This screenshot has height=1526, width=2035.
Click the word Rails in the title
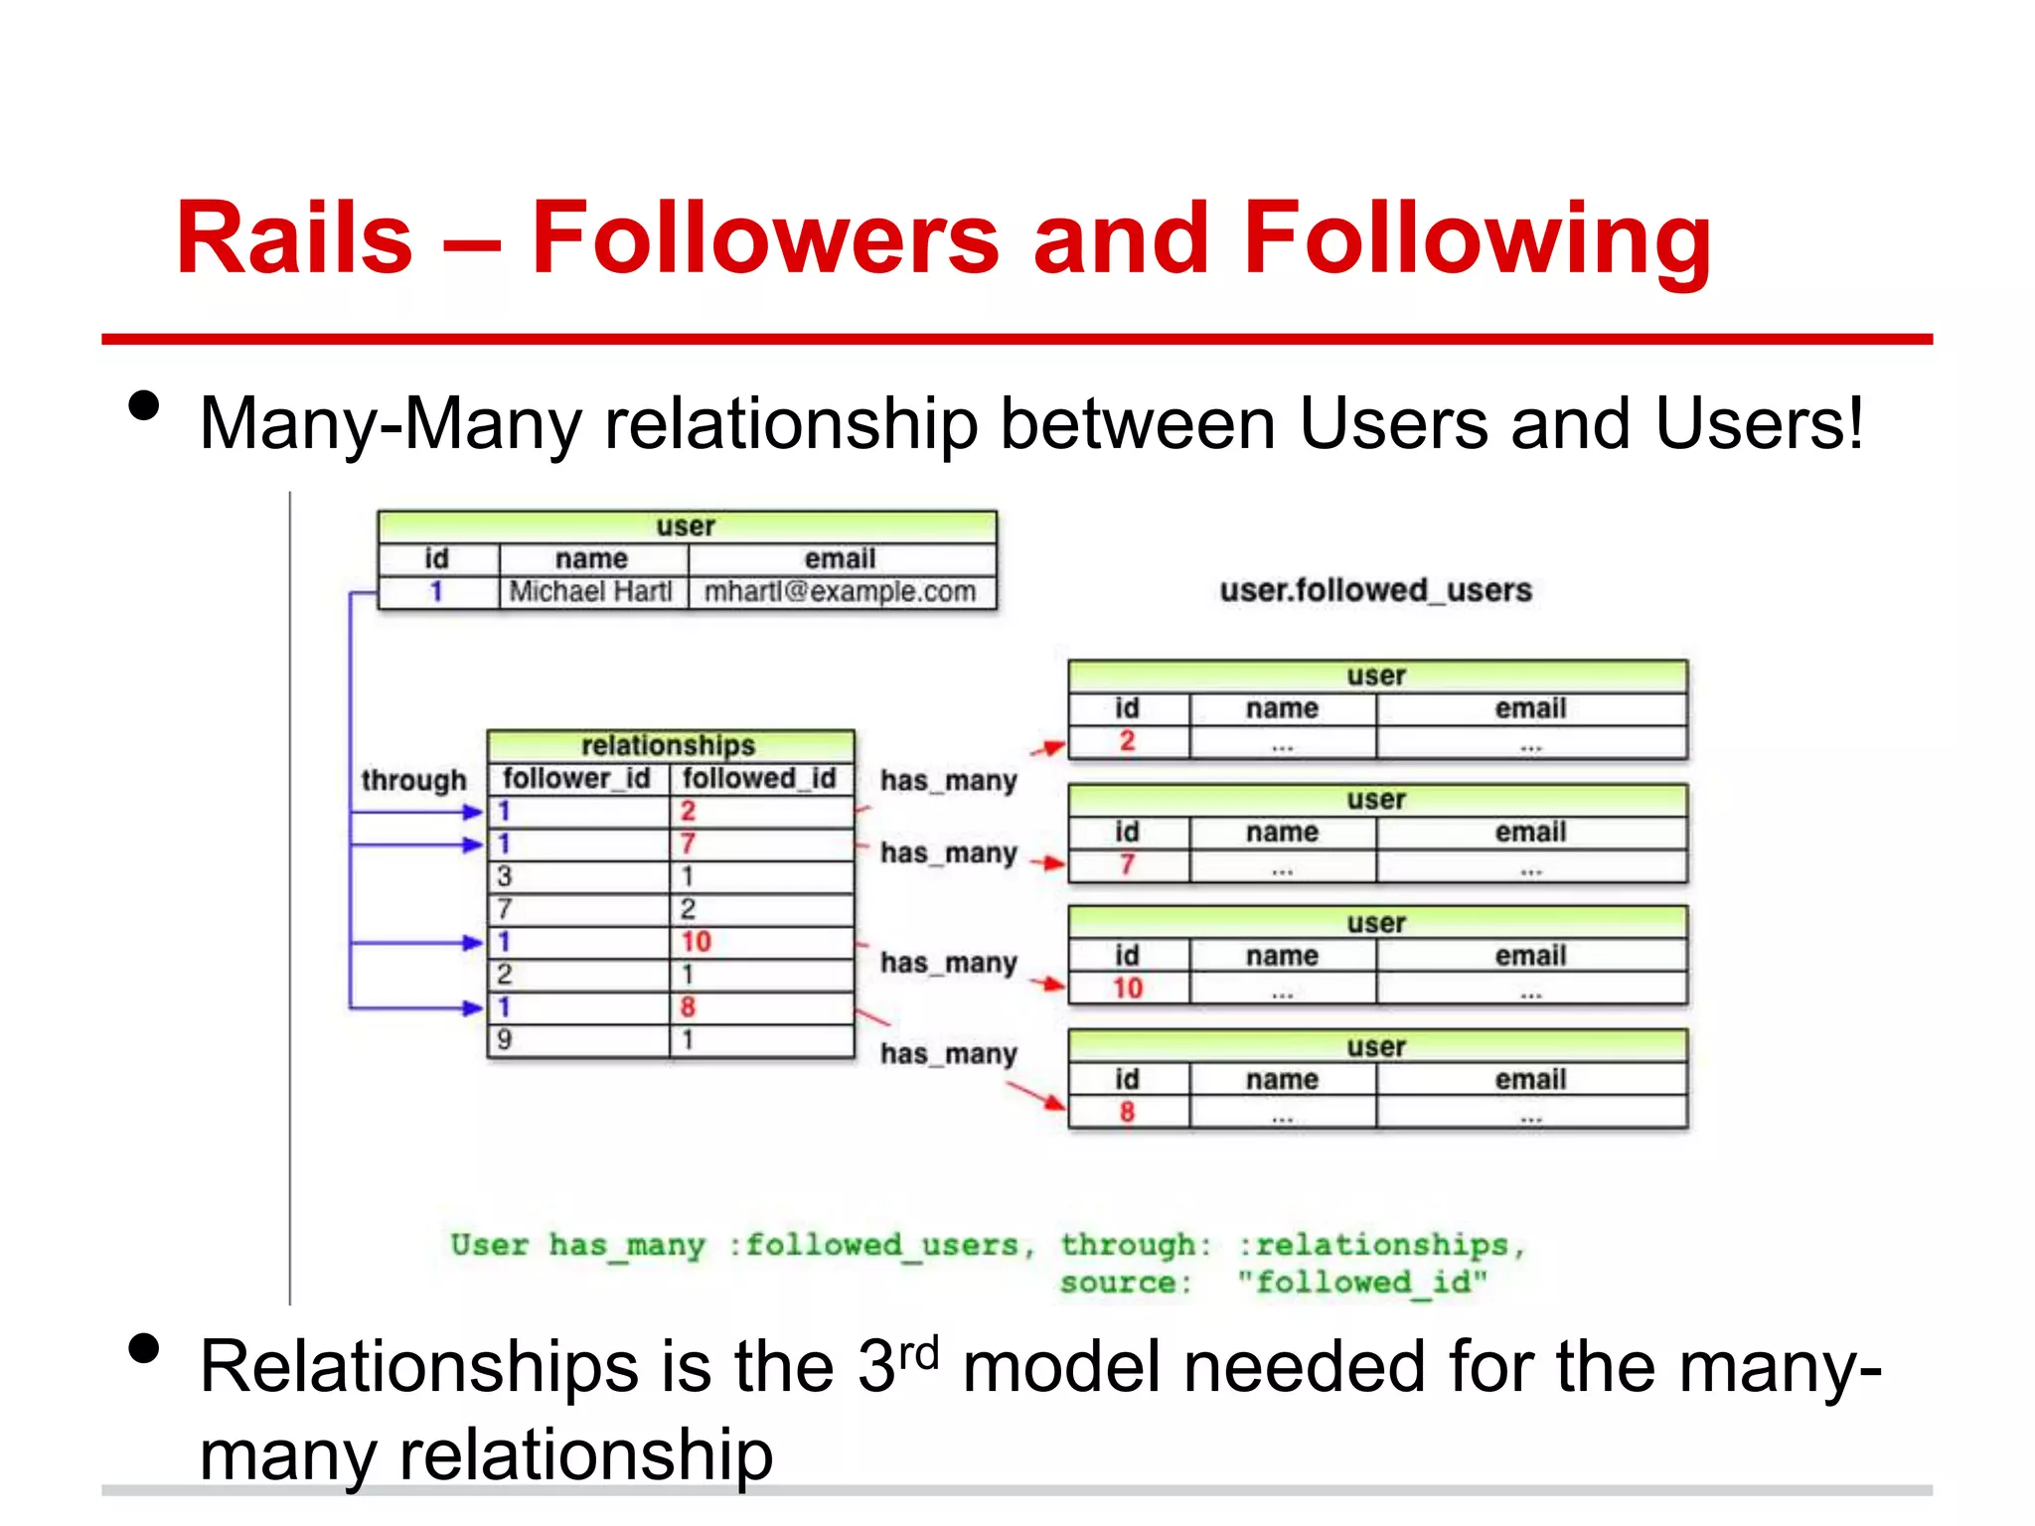(294, 238)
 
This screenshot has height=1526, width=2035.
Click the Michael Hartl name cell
(591, 592)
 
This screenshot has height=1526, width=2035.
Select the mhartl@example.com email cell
(841, 592)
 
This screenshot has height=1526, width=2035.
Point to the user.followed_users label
(1375, 590)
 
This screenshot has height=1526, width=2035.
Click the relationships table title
(668, 745)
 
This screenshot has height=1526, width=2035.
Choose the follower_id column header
(576, 778)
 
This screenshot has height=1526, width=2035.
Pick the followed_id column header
(759, 778)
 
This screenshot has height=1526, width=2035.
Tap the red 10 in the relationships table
(696, 942)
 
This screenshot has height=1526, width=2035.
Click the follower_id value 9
(505, 1040)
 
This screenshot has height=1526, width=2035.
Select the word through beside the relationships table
(413, 781)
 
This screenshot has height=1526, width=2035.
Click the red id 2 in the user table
(1127, 741)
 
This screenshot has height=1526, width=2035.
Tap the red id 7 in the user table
(1127, 864)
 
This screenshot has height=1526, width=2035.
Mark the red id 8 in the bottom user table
(1127, 1112)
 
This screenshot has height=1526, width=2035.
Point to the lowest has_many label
(949, 1053)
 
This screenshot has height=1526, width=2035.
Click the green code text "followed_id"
(1362, 1283)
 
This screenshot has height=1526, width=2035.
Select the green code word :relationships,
(1381, 1245)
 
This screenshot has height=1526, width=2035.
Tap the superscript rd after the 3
(919, 1353)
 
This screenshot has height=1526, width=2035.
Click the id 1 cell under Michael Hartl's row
(436, 592)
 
